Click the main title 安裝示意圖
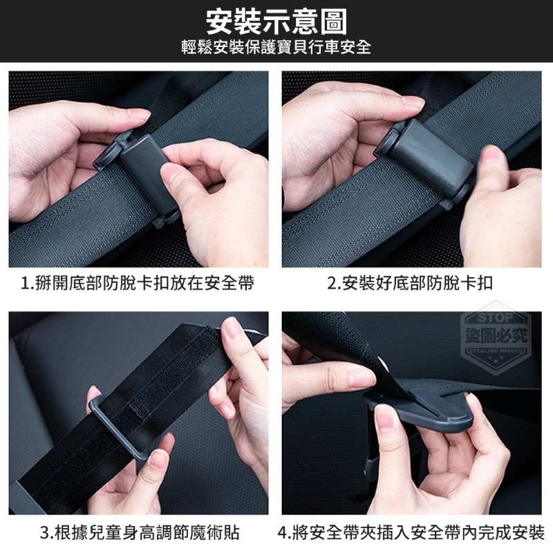pyautogui.click(x=276, y=22)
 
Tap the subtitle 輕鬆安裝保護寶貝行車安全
pyautogui.click(x=276, y=48)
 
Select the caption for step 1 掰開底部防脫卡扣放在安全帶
pyautogui.click(x=138, y=283)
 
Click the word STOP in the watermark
pyautogui.click(x=495, y=319)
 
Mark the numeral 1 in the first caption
pyautogui.click(x=26, y=283)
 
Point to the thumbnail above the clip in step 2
pyautogui.click(x=413, y=102)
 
